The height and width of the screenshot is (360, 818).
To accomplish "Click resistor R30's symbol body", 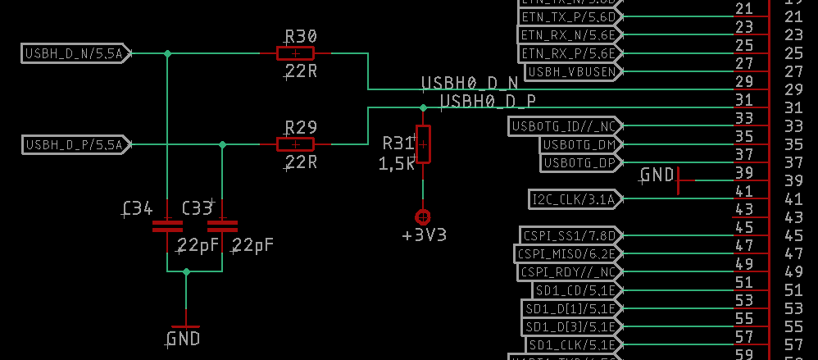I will (295, 54).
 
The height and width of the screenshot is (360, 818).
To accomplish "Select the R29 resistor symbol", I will (295, 145).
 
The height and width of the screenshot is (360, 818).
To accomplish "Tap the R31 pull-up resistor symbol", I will (423, 144).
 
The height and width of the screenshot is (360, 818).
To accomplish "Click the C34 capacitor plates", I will (167, 226).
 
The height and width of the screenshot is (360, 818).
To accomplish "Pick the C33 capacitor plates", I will (222, 226).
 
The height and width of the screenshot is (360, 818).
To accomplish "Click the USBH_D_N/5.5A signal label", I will (74, 54).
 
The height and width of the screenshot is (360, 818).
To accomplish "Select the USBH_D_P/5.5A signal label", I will (74, 145).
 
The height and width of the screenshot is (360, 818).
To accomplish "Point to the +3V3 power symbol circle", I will (423, 217).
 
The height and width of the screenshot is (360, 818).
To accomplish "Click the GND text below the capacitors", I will (184, 338).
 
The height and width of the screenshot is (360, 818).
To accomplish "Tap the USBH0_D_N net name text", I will (470, 84).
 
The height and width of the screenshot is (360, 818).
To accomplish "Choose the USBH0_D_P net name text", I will (489, 102).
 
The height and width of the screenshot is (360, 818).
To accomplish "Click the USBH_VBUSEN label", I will (572, 72).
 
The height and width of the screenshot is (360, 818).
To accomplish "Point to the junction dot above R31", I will (423, 107).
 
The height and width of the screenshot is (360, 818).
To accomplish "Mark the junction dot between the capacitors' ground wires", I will (186, 271).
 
